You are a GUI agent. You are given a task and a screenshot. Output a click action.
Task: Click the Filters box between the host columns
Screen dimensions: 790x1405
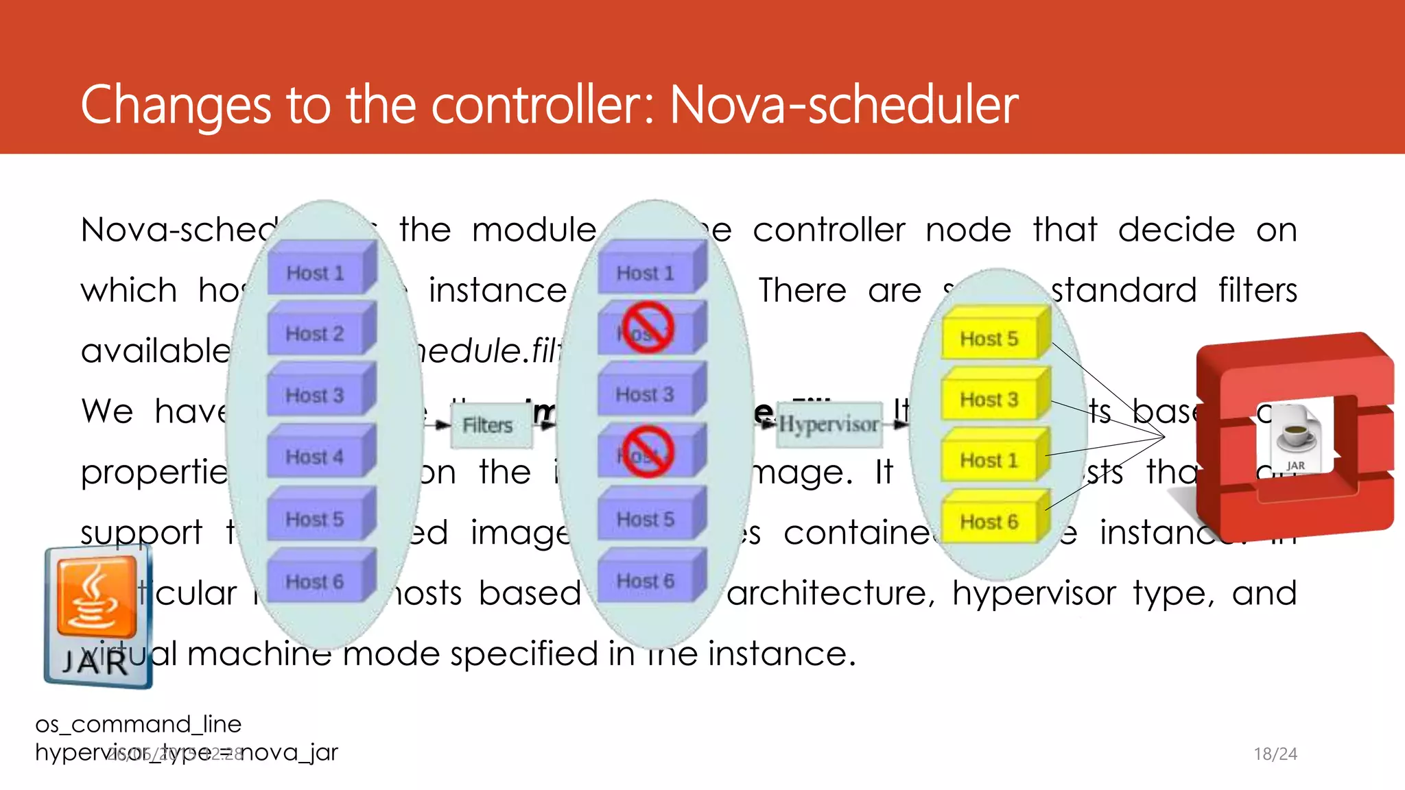488,425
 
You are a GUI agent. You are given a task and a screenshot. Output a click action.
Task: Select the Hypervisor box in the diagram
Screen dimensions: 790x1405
829,424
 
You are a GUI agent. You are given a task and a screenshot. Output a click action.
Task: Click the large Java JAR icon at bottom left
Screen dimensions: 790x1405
97,616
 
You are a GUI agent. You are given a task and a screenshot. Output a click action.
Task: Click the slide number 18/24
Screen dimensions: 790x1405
1275,754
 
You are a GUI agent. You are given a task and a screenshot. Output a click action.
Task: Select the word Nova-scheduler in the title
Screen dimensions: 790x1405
844,105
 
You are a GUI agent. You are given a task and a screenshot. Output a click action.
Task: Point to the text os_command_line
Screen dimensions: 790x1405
139,724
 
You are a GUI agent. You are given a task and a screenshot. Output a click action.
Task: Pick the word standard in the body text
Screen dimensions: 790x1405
1124,290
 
